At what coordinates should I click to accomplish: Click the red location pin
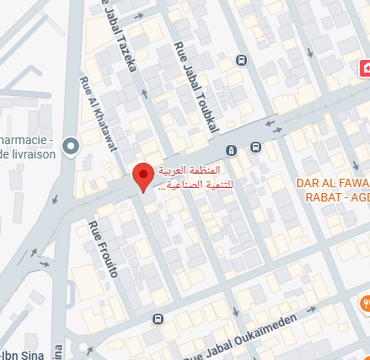pos(143,175)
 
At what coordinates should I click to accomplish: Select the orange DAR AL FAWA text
pos(332,182)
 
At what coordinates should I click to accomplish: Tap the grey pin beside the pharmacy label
pos(71,146)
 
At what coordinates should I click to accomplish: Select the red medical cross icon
pos(366,67)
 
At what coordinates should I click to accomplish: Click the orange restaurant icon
pos(366,302)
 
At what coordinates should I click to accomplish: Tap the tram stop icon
pos(231,150)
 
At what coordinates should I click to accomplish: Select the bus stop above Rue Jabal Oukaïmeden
pos(158,320)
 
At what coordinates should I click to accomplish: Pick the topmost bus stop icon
pos(241,61)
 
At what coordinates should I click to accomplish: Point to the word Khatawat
pos(102,124)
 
